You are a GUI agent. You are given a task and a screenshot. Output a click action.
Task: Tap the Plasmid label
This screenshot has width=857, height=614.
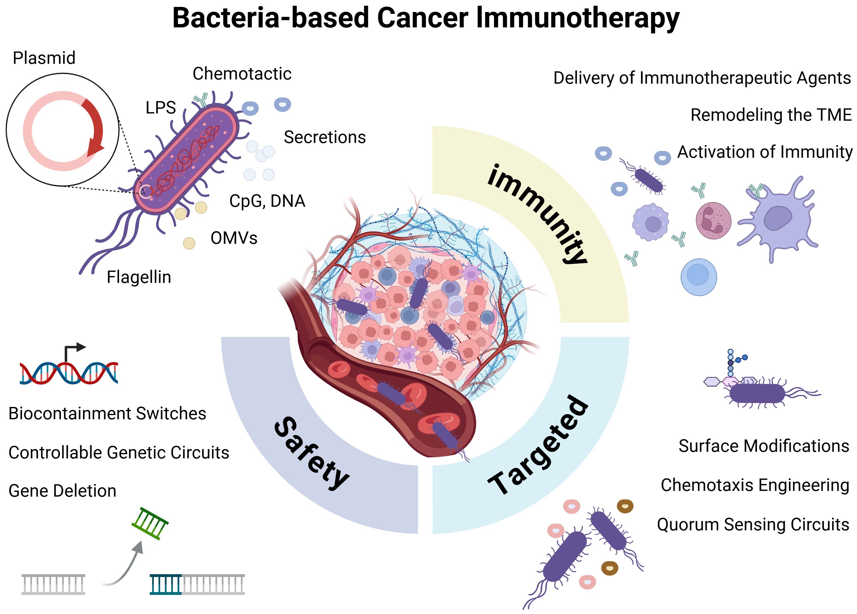(x=44, y=58)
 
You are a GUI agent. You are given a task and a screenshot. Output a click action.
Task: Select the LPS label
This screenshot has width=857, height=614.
(x=161, y=108)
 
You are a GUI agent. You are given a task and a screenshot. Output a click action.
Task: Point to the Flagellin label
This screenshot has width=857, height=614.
(x=139, y=277)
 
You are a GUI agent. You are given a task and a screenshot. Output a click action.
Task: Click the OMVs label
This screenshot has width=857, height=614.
(x=234, y=238)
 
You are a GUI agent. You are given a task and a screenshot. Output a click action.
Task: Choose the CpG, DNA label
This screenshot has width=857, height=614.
(x=267, y=201)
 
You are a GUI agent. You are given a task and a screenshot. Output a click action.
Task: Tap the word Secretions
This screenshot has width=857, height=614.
(x=325, y=137)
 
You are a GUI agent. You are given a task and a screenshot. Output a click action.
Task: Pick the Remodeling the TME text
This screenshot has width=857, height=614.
(x=771, y=115)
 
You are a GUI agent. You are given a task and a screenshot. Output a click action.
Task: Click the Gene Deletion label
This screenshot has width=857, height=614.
(x=62, y=491)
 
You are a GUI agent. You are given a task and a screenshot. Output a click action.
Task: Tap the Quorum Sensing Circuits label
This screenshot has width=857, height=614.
(x=753, y=524)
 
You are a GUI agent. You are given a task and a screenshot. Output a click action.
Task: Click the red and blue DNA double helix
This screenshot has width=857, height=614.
(x=69, y=373)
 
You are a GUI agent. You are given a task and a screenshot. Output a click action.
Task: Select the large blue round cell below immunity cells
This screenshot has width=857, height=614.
(x=698, y=277)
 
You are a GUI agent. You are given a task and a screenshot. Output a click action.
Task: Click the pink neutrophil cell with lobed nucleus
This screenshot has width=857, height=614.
(x=713, y=221)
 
